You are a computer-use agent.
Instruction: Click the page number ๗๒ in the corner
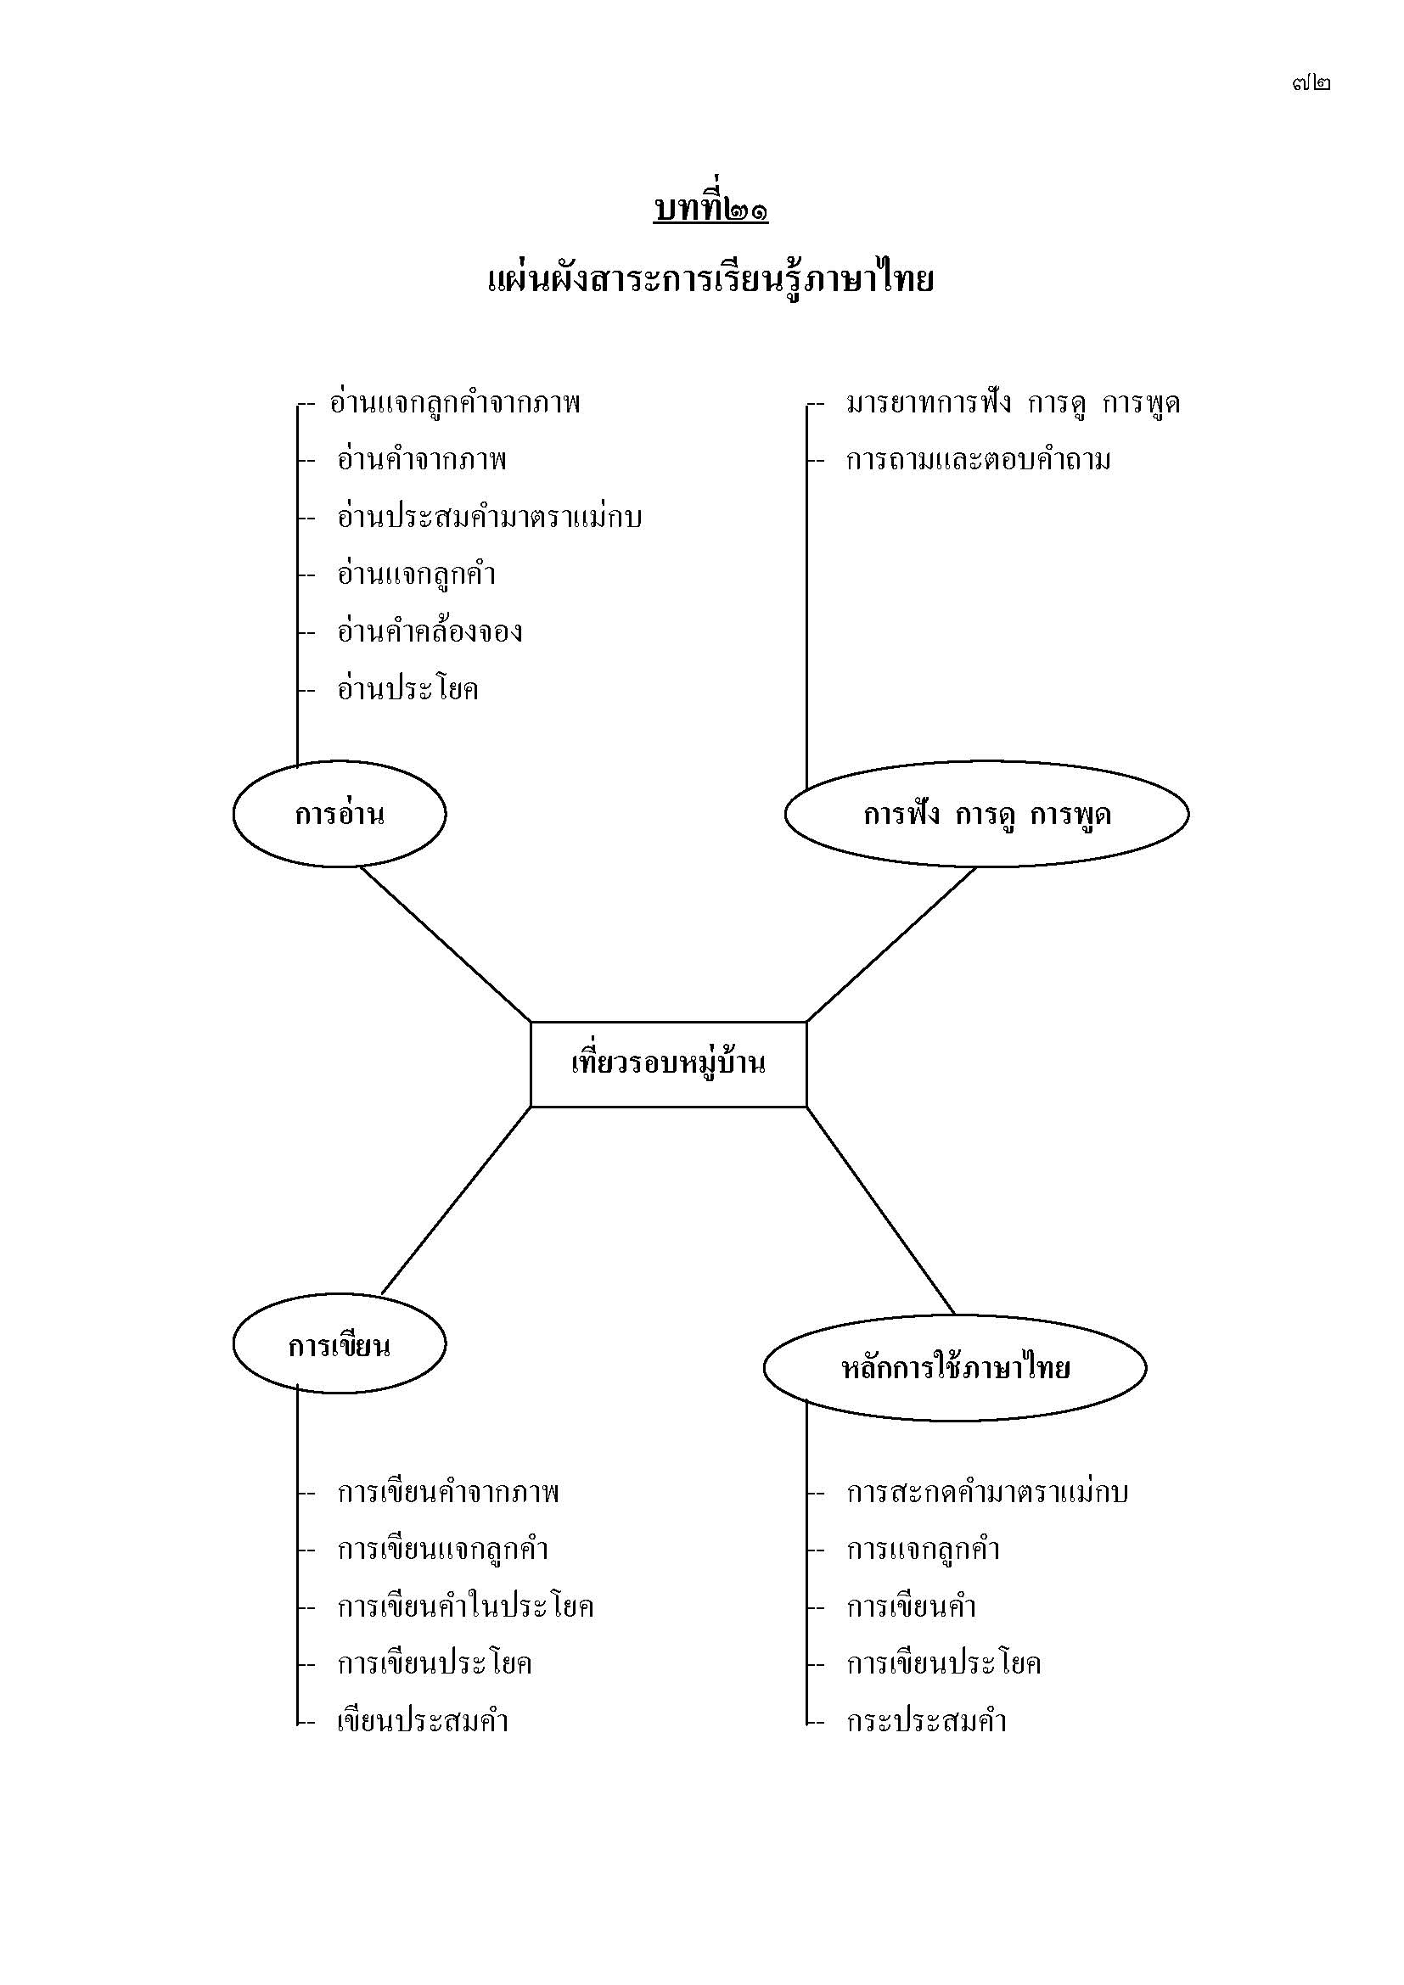click(1311, 83)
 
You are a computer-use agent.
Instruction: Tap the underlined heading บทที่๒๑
click(710, 210)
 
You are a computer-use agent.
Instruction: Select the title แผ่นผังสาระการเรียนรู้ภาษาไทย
click(710, 281)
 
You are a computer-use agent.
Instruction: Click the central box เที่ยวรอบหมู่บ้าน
click(668, 1063)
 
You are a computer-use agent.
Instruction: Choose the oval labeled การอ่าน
click(340, 815)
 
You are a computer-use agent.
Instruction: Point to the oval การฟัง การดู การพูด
click(986, 815)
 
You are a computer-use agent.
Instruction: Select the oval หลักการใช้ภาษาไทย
click(955, 1368)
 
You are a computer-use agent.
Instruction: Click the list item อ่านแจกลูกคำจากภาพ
click(455, 404)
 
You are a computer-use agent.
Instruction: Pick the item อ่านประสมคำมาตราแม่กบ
click(489, 518)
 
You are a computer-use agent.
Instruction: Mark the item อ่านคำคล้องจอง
click(430, 632)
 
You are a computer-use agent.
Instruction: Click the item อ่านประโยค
click(408, 690)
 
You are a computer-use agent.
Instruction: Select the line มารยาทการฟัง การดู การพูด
click(1014, 404)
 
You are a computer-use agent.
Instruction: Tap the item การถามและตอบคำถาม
click(979, 461)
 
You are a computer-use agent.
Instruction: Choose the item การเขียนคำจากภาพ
click(449, 1493)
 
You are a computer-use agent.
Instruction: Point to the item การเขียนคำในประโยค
click(466, 1607)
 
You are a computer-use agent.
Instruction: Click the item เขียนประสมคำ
click(423, 1721)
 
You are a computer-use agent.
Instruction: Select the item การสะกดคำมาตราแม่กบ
click(987, 1493)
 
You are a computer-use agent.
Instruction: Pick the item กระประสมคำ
click(927, 1721)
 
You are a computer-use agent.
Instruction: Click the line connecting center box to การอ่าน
click(446, 944)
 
